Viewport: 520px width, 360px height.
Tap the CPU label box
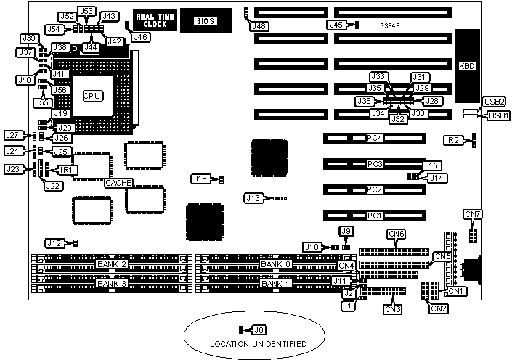pyautogui.click(x=92, y=96)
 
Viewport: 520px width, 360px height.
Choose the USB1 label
pyautogui.click(x=498, y=115)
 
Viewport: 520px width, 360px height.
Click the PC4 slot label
pyautogui.click(x=374, y=138)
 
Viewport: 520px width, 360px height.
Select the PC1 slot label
pyautogui.click(x=374, y=216)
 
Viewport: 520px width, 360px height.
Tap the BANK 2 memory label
pyautogui.click(x=113, y=264)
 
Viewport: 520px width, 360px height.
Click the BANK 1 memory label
pyautogui.click(x=276, y=283)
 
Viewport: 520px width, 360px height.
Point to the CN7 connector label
pyautogui.click(x=473, y=214)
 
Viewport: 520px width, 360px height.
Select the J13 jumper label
pyautogui.click(x=253, y=197)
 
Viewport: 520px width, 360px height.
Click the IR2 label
pyautogui.click(x=452, y=139)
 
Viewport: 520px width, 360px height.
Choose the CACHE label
pyautogui.click(x=118, y=183)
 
